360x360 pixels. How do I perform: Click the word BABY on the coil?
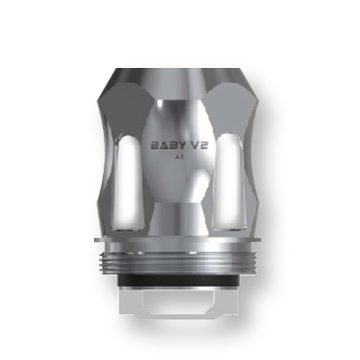coord(165,144)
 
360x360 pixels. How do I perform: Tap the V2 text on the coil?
coord(201,144)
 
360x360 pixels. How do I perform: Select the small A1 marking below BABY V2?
coord(181,158)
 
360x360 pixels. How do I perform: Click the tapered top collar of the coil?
coord(180,80)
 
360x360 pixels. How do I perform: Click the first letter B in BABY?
coord(153,144)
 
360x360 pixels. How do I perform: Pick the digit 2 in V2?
coord(207,144)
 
